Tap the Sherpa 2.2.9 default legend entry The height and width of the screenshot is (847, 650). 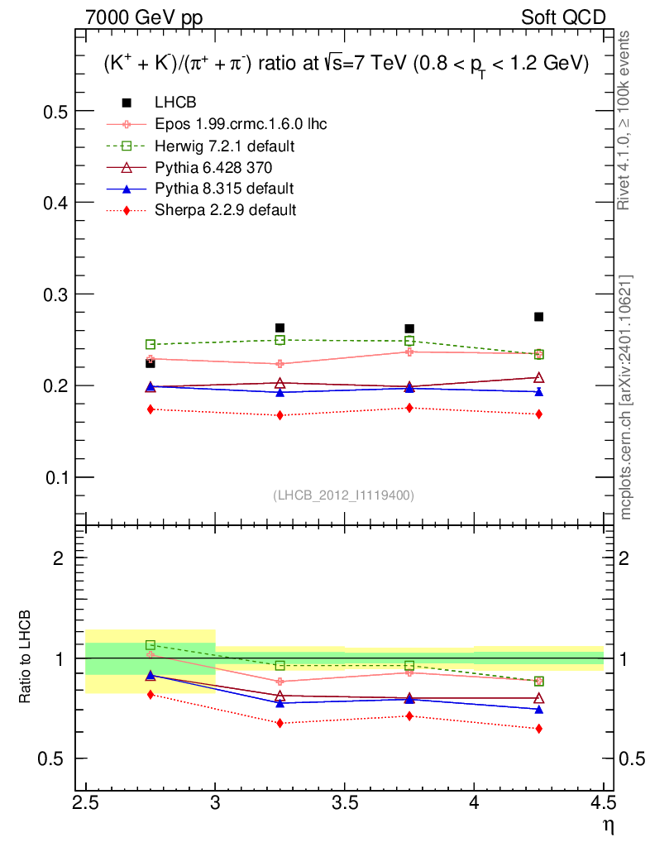pos(225,210)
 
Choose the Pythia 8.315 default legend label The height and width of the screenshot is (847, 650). pos(224,189)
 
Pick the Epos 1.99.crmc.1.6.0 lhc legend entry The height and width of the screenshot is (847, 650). pos(241,124)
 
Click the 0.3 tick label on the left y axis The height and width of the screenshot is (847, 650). pos(54,294)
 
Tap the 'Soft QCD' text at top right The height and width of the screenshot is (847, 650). pos(562,17)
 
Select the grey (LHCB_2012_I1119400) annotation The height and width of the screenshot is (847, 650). pos(343,495)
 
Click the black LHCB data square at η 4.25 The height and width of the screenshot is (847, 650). pos(538,317)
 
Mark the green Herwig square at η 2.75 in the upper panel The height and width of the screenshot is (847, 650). pos(151,344)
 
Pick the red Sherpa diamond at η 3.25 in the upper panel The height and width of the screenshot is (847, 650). pos(280,415)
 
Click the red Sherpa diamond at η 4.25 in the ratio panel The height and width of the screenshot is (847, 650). pos(538,729)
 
